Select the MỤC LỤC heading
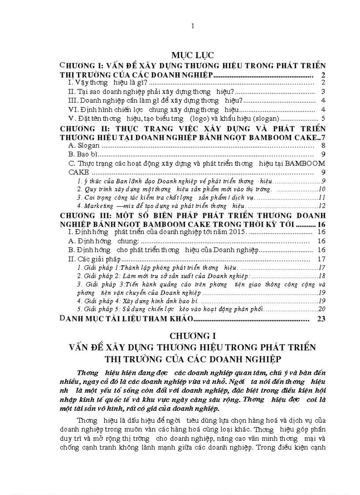[192, 55]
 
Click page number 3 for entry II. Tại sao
[323, 92]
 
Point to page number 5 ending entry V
[323, 119]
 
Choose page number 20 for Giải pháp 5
[322, 309]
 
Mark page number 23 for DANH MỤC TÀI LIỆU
[321, 319]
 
